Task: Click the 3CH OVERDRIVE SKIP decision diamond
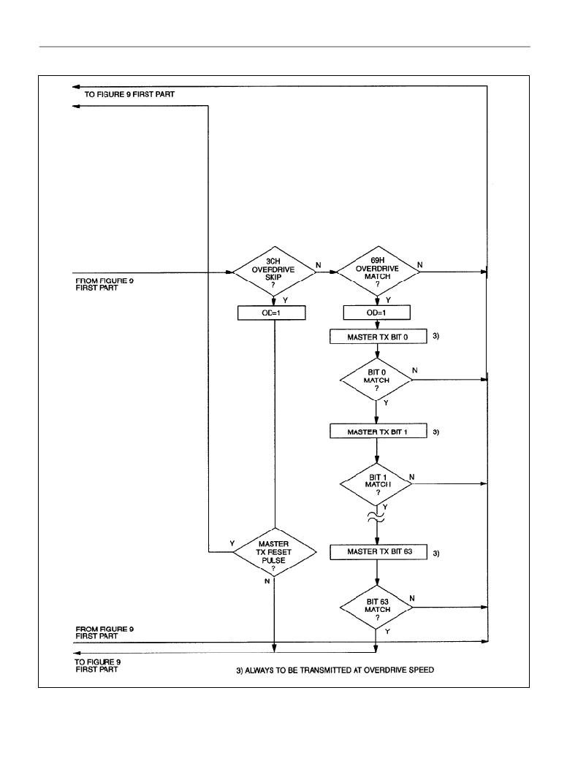coord(274,272)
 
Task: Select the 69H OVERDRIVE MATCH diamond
coord(378,271)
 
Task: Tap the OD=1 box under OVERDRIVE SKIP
coord(272,313)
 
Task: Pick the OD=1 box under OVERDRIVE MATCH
coord(376,313)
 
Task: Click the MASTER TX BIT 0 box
coord(378,337)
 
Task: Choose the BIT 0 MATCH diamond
coord(376,380)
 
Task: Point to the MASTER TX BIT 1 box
coord(378,431)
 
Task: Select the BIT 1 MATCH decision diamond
coord(376,484)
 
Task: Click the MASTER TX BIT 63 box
coord(378,552)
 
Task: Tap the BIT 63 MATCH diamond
coord(376,607)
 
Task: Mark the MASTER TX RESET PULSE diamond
coord(275,552)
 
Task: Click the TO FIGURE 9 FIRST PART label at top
coord(129,94)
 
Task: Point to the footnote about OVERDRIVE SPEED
coord(335,670)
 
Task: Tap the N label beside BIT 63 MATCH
coord(412,598)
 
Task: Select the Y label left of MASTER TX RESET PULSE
coord(232,543)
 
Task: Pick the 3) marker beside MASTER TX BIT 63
coord(435,553)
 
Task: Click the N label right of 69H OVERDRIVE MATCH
coord(419,264)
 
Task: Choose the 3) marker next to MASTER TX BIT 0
coord(435,336)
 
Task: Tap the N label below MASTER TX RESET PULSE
coord(267,581)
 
